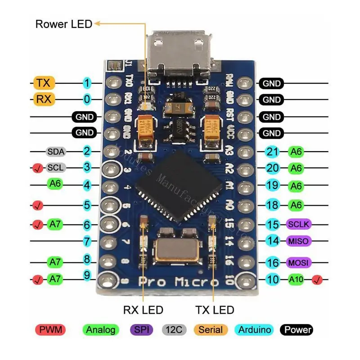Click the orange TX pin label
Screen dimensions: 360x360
pos(44,83)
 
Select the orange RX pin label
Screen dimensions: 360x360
pos(44,99)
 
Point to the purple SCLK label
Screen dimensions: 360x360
pos(299,224)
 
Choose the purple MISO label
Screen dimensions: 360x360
pos(299,241)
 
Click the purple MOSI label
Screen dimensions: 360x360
pos(299,262)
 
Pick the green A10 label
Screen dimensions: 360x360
pos(296,279)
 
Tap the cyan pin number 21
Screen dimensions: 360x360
pos(273,152)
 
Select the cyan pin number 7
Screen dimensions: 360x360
pos(87,241)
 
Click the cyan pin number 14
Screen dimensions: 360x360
pos(273,241)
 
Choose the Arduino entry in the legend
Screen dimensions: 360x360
pos(255,330)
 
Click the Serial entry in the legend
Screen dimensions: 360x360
pos(210,330)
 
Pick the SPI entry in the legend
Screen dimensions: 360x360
pos(142,330)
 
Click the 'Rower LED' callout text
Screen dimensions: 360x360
pos(63,24)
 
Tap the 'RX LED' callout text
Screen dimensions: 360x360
pos(143,310)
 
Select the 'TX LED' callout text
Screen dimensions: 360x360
pos(215,310)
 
